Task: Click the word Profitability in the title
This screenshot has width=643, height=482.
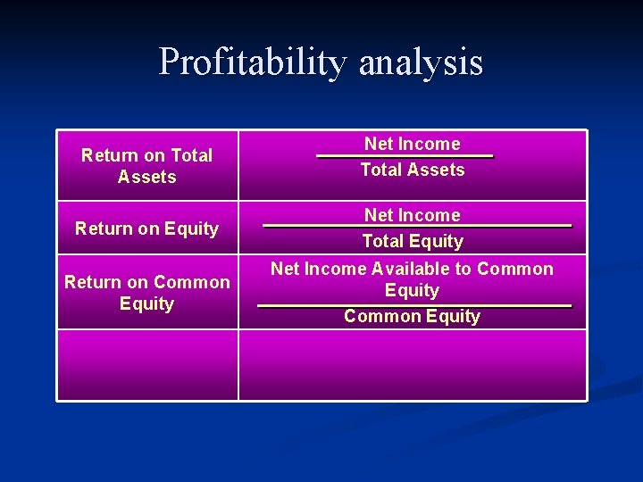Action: point(254,62)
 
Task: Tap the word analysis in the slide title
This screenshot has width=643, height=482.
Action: point(421,62)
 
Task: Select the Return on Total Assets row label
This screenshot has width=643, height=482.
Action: point(146,166)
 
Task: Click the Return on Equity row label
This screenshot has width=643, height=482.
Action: point(146,229)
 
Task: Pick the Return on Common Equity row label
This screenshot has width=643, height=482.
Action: point(146,293)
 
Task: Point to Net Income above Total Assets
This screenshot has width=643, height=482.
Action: point(412,144)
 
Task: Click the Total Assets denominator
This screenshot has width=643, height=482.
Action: point(412,170)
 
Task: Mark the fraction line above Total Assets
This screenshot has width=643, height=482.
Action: point(405,157)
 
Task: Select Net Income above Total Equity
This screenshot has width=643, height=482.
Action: point(412,215)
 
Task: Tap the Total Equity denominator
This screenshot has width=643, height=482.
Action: point(412,241)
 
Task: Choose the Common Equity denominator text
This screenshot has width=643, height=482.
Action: point(412,316)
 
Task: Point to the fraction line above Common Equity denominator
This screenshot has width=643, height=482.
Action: point(413,306)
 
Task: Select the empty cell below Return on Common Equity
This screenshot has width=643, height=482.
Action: point(147,365)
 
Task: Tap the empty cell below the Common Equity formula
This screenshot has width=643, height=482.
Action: point(412,365)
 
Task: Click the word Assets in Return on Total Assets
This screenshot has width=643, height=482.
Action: point(146,177)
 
